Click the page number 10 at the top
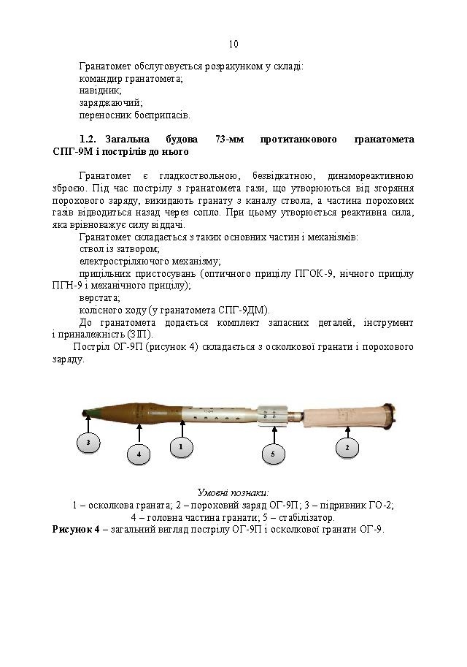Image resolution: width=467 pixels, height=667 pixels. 233,44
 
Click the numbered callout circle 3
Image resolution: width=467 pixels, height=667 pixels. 88,443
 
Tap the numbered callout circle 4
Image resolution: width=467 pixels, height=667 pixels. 138,454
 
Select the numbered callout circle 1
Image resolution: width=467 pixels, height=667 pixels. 181,444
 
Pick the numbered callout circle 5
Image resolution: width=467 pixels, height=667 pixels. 272,454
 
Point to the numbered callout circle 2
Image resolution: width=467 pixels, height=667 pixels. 347,446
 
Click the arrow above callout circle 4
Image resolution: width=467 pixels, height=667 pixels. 138,432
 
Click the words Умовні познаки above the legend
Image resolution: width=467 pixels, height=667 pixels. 233,492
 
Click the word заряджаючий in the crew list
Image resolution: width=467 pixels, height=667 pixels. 111,103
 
